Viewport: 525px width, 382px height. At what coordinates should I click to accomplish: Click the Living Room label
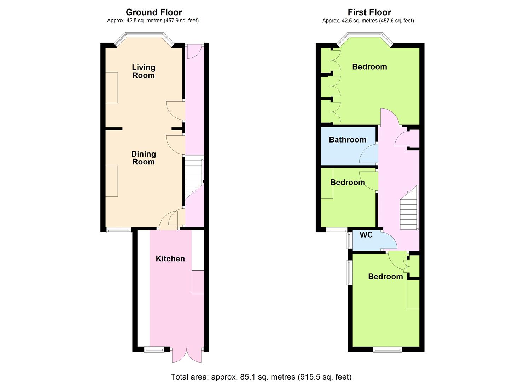(x=144, y=71)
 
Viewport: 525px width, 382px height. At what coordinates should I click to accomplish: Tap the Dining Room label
(x=144, y=158)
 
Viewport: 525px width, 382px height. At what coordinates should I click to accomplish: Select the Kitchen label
(x=170, y=259)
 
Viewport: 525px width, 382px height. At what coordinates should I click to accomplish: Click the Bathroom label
(x=347, y=140)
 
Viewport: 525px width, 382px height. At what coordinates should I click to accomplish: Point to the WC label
(x=366, y=235)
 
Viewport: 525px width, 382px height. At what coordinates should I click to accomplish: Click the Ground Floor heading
(x=154, y=12)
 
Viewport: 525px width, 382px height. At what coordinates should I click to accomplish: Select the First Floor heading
(x=369, y=12)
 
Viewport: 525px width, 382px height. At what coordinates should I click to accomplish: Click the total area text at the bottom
(x=261, y=376)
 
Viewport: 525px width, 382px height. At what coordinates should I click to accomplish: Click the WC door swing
(x=389, y=241)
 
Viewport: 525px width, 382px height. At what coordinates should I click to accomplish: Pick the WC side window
(x=349, y=240)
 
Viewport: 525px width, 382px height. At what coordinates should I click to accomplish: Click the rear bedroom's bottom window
(x=387, y=350)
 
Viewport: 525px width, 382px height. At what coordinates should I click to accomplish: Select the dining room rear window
(x=119, y=231)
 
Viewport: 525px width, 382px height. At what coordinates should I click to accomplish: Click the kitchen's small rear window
(x=154, y=350)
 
